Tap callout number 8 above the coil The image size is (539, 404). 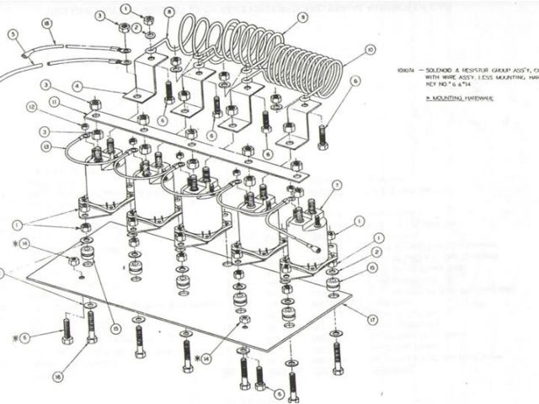click(170, 13)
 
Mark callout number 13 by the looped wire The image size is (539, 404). click(45, 146)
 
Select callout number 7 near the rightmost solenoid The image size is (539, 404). click(337, 185)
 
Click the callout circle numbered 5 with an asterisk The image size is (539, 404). click(25, 338)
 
